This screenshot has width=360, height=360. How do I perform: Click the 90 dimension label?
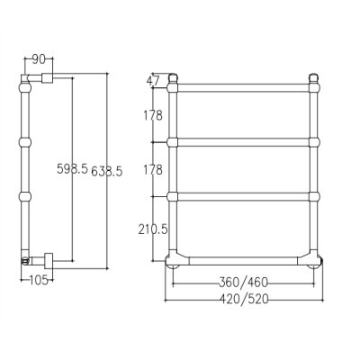coord(39,59)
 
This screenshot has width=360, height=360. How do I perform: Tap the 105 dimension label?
coord(39,280)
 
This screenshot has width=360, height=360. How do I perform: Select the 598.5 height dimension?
coord(72,169)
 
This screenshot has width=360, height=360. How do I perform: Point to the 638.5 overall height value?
coord(107,171)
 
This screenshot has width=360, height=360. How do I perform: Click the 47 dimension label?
coord(152,80)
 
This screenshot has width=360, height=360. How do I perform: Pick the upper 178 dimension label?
coord(153,115)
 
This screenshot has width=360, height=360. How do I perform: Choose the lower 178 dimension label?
coord(153,170)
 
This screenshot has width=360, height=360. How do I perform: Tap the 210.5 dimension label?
coord(153,229)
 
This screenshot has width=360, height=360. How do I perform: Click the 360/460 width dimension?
coord(243,283)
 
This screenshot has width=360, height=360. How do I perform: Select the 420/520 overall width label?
coord(244,299)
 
